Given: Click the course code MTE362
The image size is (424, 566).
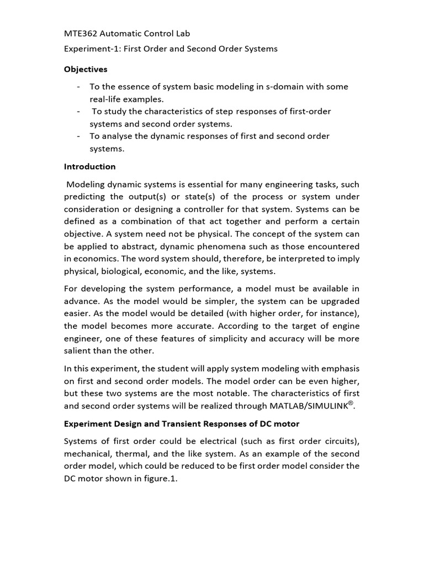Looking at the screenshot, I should click(82, 34).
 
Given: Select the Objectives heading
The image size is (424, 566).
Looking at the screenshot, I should click(86, 69).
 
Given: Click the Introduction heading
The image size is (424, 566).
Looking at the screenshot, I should click(89, 166).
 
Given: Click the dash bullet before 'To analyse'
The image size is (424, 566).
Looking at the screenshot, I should click(79, 136).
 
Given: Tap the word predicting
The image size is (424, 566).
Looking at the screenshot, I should click(86, 197).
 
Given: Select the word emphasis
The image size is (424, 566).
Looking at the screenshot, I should click(340, 369).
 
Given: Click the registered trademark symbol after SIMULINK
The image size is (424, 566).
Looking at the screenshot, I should click(350, 403).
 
